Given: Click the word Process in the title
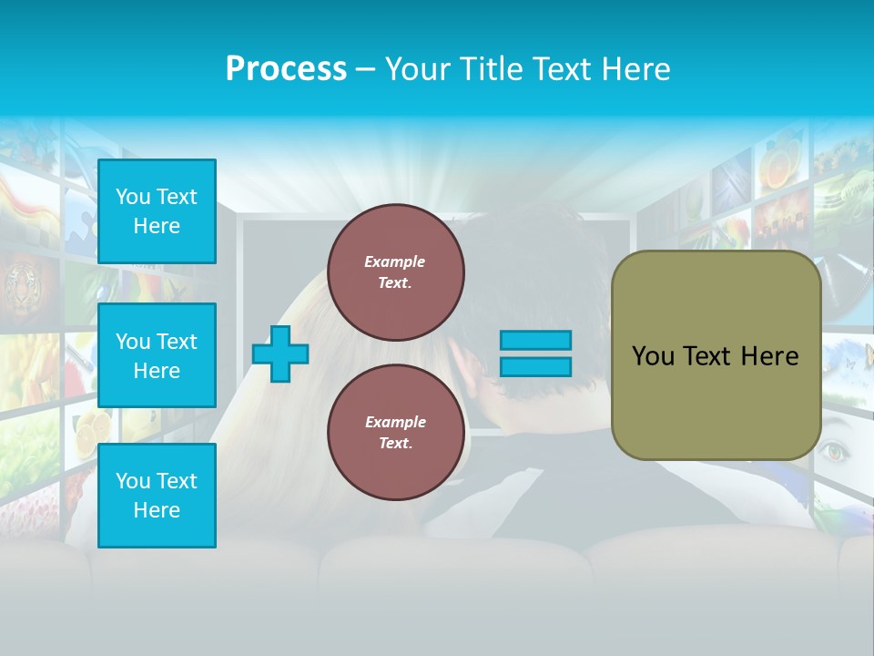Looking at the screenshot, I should coord(286,68).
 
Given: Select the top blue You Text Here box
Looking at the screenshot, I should coord(157,211).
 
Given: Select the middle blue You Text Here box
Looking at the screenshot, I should coord(157,355).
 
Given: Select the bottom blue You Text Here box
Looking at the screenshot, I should coord(157,496).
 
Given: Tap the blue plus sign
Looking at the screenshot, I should coord(280,354).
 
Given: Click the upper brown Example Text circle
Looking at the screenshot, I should coord(395,272).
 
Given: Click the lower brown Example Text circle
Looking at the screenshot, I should coord(395,432).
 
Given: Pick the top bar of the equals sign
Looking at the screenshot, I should coord(535,340).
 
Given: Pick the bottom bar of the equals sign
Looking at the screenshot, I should coord(535,367).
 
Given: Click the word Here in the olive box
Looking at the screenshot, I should coord(769,356).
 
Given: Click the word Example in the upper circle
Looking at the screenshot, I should coord(395,261).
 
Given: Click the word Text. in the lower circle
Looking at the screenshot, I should coord(395,443).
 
